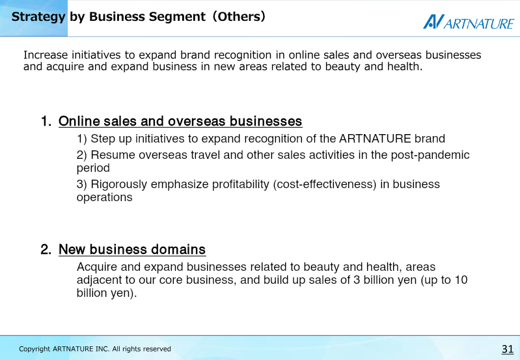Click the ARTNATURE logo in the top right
tap(469, 22)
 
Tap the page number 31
tap(508, 349)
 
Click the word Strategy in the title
tap(38, 17)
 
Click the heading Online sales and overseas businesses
tap(180, 121)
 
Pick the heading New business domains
tap(132, 249)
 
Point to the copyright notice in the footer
tap(95, 349)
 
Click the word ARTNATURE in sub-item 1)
tap(375, 139)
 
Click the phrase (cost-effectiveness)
tap(325, 184)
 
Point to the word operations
tap(105, 197)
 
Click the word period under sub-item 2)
tap(93, 168)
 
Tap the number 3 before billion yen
tap(357, 280)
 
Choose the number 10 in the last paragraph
tap(461, 280)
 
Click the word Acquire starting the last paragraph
tap(97, 267)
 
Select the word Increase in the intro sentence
tap(46, 55)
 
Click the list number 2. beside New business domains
tap(46, 249)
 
